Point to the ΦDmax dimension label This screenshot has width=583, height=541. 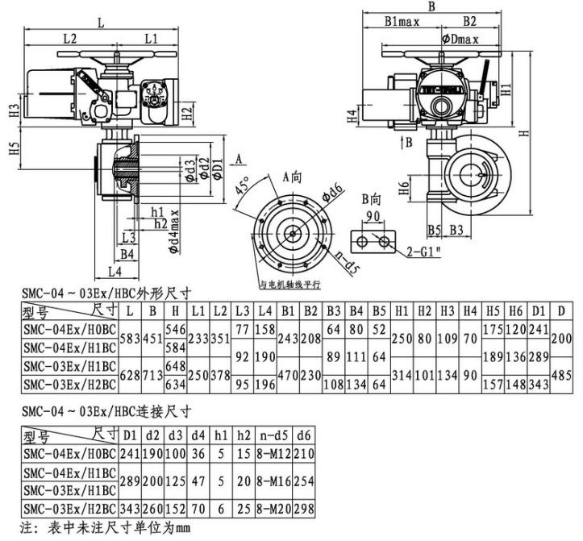tap(460, 38)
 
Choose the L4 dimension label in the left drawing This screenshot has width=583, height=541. tap(115, 270)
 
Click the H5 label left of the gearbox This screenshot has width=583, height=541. tap(15, 151)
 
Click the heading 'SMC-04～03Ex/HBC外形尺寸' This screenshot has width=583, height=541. tap(107, 293)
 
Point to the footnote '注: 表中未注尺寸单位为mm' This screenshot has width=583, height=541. tap(105, 530)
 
